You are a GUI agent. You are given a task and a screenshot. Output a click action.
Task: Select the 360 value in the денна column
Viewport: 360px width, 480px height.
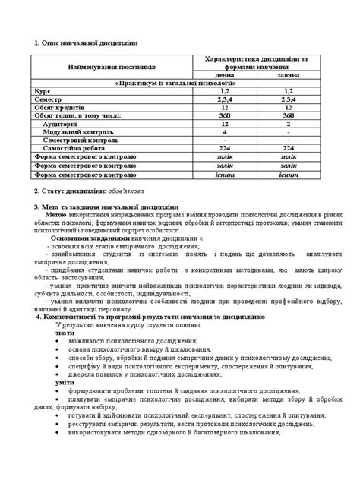point(226,116)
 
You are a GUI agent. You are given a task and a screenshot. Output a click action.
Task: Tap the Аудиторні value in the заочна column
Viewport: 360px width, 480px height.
point(288,125)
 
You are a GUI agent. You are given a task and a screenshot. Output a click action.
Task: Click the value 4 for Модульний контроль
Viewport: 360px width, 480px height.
point(226,132)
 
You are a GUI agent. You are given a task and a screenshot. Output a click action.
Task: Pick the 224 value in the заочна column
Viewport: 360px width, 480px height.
point(288,149)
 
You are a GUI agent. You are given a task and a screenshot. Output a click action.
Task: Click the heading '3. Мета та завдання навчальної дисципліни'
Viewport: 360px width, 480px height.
point(106,207)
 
